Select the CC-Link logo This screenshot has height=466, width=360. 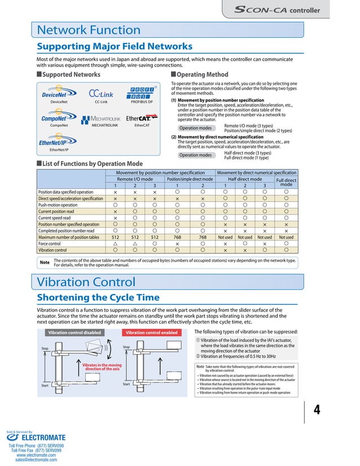[x=101, y=94]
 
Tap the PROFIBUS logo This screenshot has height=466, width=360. [x=142, y=93]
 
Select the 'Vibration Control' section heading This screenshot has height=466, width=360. [x=86, y=282]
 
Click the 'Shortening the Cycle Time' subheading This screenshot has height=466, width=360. [x=98, y=297]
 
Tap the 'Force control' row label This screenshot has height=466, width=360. [x=52, y=243]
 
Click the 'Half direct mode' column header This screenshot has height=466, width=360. [x=244, y=179]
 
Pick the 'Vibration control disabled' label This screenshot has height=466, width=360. [x=74, y=333]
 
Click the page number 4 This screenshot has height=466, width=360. [x=317, y=410]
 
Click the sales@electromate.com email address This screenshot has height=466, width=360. [x=36, y=460]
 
